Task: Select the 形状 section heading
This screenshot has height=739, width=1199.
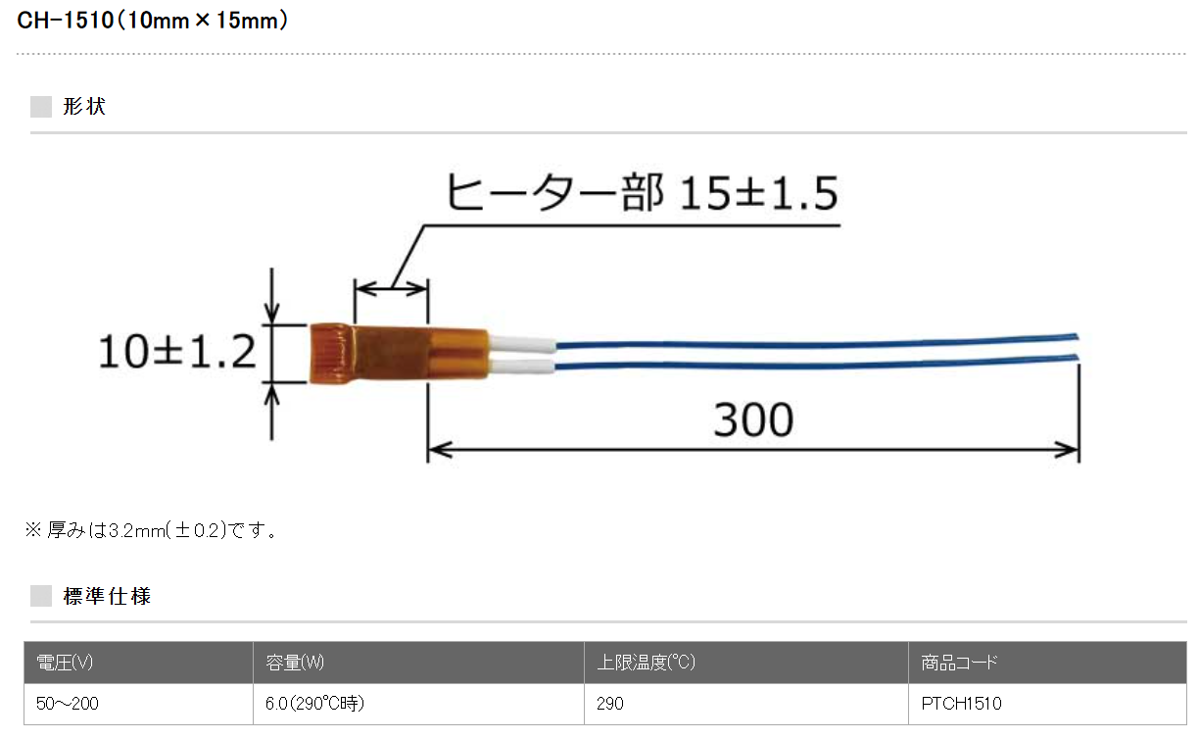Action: (x=83, y=107)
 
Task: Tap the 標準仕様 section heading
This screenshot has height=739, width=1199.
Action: (x=107, y=595)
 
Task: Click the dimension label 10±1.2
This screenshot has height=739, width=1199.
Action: (x=176, y=350)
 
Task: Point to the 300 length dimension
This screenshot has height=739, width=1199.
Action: (x=753, y=419)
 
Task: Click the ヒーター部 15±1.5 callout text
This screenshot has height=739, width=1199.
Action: (x=642, y=193)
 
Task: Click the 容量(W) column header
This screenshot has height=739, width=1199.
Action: (x=295, y=663)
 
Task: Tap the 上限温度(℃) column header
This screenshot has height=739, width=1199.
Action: (x=647, y=663)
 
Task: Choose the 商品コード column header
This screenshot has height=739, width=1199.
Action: (x=960, y=663)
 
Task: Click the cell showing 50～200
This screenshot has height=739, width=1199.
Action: (x=67, y=704)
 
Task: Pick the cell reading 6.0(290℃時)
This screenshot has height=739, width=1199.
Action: (x=313, y=704)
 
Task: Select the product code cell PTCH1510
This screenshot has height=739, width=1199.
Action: (x=962, y=704)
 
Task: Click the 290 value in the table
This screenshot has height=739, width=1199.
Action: (x=610, y=704)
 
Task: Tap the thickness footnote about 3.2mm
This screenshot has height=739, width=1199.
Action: (x=152, y=530)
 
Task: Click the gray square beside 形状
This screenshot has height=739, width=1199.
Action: (x=41, y=107)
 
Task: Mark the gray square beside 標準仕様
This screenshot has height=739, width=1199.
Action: (x=41, y=595)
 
